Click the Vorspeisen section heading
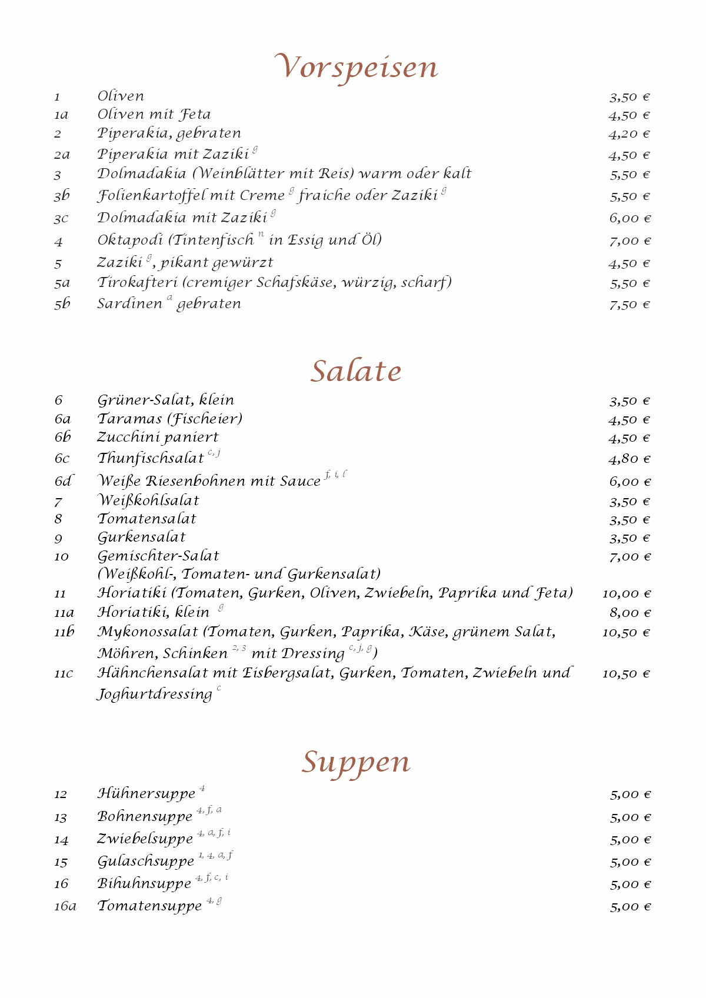coord(357,67)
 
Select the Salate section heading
coord(356,371)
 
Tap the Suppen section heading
coord(356,762)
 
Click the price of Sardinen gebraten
coord(629,305)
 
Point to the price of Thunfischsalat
coord(629,459)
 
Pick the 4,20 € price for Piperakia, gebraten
coord(629,134)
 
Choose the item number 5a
coord(62,283)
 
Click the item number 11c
coord(64,673)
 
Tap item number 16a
coord(65,906)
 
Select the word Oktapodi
coord(130,241)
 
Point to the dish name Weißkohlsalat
coord(148,500)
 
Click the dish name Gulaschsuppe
coord(145,862)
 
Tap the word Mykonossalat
coord(148,632)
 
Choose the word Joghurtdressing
coord(155,695)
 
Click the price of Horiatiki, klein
coord(630,613)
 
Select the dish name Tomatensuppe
coord(149,906)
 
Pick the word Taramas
coord(129,419)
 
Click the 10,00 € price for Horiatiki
coord(627,594)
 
